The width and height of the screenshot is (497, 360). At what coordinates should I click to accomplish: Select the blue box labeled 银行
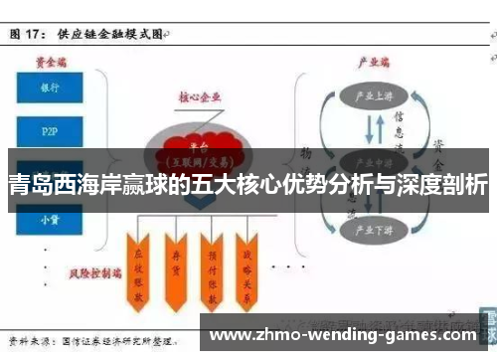[50, 88]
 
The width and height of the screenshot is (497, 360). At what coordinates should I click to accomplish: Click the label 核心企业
[201, 97]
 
